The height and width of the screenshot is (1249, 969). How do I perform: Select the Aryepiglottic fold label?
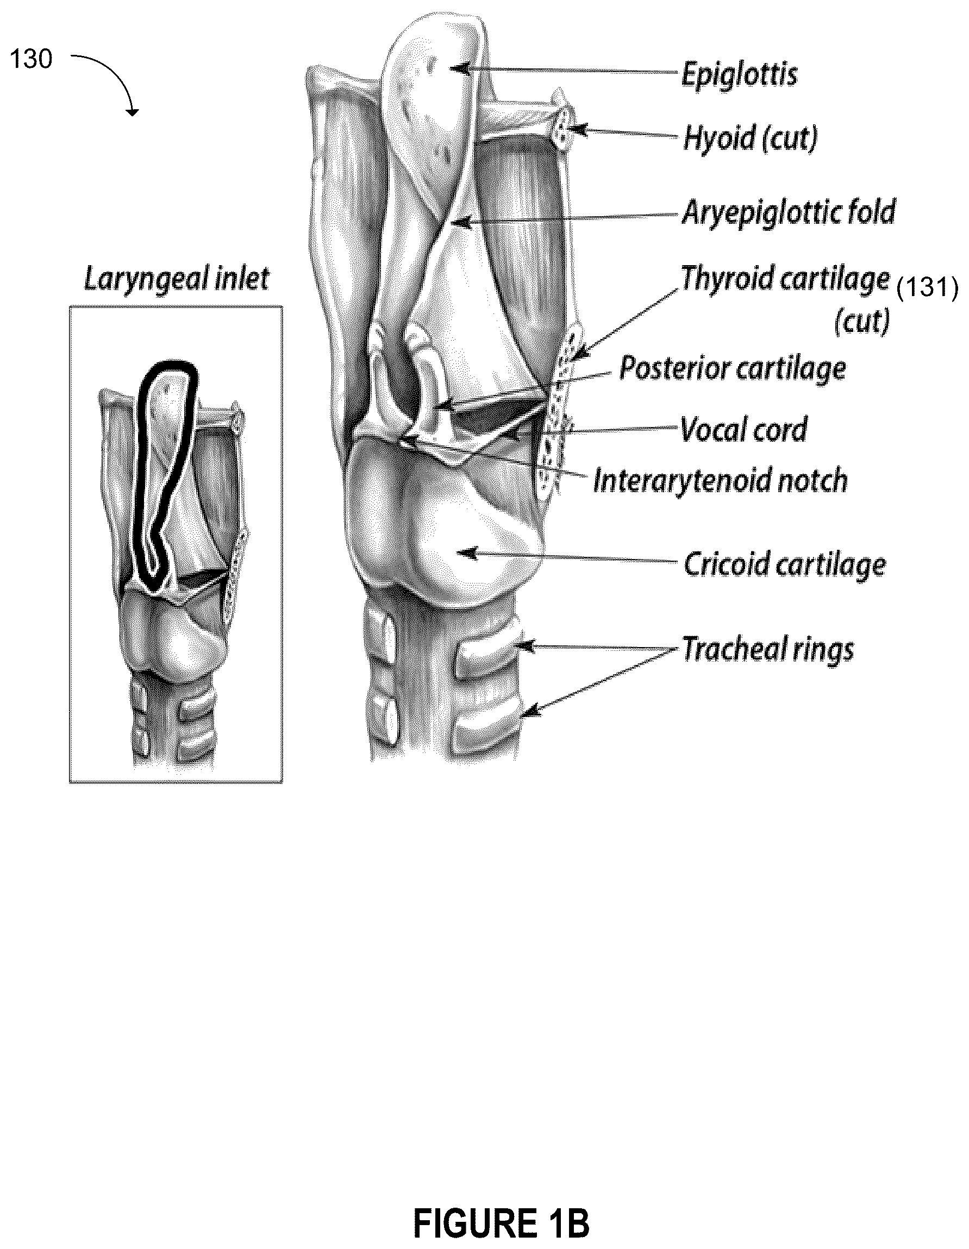click(x=789, y=213)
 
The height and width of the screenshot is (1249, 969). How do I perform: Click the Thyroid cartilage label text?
click(x=785, y=279)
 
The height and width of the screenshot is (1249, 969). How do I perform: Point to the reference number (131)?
click(x=927, y=287)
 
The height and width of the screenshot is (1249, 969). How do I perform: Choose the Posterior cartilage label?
click(x=733, y=369)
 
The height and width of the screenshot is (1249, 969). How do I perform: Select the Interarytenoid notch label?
click(x=720, y=480)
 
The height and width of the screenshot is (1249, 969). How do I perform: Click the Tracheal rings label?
click(x=768, y=650)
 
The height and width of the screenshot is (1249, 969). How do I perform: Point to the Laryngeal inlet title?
click(x=177, y=280)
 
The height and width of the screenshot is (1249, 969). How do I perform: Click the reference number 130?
click(x=31, y=59)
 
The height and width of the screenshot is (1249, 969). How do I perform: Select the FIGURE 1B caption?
click(x=501, y=1220)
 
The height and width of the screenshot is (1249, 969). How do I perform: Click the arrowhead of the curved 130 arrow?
click(x=132, y=111)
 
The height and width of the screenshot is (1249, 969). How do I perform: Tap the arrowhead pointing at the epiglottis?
click(x=461, y=69)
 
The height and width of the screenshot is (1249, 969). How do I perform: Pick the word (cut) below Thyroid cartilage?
click(x=862, y=322)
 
